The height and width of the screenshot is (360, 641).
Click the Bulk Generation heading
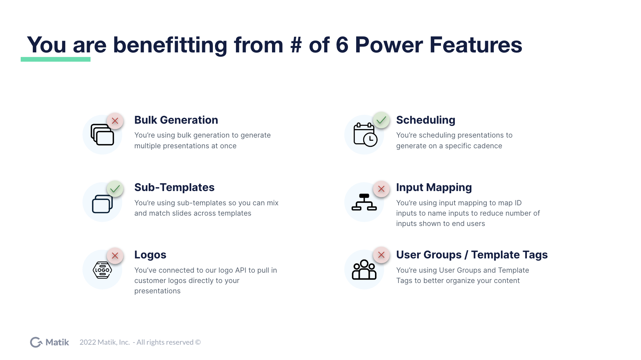(x=176, y=120)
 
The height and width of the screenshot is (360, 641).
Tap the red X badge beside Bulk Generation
(x=115, y=121)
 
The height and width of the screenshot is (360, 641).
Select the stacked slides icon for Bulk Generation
(x=102, y=135)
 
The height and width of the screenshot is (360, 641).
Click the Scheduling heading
(x=426, y=120)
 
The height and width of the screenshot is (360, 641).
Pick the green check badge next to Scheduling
(x=381, y=120)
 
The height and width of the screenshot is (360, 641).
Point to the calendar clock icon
(x=365, y=135)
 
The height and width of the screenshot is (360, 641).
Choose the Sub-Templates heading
(x=174, y=187)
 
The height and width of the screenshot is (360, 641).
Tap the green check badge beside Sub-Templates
(x=115, y=189)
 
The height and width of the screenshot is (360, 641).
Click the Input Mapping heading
(x=434, y=187)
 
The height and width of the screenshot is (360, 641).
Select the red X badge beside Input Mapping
(x=381, y=189)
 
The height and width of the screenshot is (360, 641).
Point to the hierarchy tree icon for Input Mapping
(x=364, y=202)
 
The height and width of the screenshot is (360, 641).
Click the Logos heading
(x=150, y=255)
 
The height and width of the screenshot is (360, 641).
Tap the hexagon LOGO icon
(x=102, y=270)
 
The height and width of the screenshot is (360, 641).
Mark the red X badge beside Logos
(x=115, y=256)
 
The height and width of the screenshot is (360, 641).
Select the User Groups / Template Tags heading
(x=472, y=255)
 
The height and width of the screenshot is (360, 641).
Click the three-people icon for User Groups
(x=364, y=269)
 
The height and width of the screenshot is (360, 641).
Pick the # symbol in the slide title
(x=296, y=45)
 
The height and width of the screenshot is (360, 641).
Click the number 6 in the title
(x=342, y=45)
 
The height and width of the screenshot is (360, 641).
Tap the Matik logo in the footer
(x=50, y=342)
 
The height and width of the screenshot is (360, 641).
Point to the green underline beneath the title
(x=56, y=59)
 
